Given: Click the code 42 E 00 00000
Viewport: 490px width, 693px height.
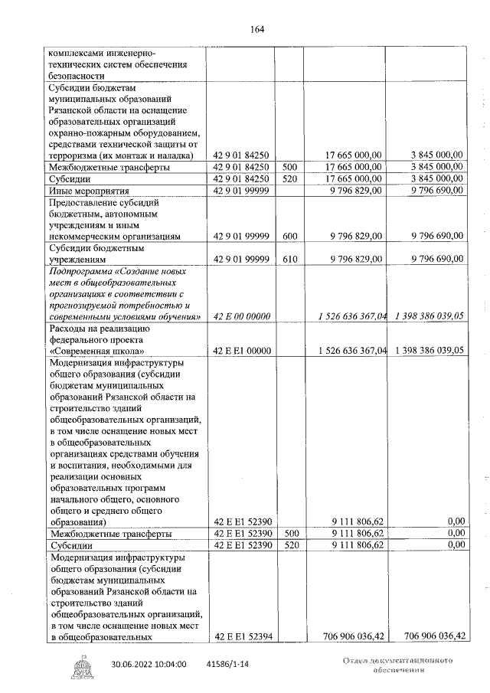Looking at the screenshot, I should pyautogui.click(x=240, y=316).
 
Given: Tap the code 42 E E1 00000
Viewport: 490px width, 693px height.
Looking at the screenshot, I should pyautogui.click(x=240, y=350).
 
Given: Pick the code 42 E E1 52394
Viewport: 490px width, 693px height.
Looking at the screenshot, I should pyautogui.click(x=240, y=636).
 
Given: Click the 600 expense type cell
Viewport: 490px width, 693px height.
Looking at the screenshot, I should pyautogui.click(x=289, y=237).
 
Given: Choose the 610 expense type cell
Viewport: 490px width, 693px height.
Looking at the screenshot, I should pyautogui.click(x=289, y=259).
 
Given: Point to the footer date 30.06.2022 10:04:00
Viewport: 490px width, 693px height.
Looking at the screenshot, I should pyautogui.click(x=149, y=665).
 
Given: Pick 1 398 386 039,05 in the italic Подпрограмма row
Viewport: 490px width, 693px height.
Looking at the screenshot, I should pyautogui.click(x=430, y=316).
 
